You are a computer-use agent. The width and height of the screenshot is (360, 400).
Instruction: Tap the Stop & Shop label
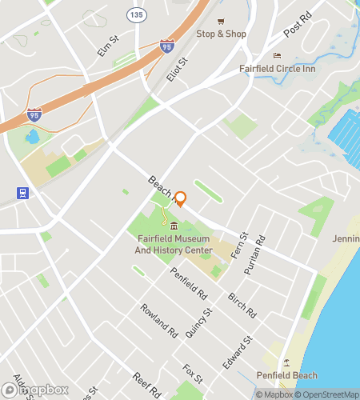[222, 34]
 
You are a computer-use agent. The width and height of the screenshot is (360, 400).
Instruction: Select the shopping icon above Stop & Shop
[222, 22]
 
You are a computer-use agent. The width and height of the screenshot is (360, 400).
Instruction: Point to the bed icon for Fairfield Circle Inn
[277, 56]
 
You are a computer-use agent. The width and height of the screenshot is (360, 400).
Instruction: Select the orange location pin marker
[180, 198]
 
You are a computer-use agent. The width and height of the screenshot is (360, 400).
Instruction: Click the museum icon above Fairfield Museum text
[174, 226]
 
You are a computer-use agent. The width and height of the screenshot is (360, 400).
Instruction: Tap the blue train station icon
[22, 193]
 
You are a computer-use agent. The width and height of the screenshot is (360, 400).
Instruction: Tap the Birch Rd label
[242, 301]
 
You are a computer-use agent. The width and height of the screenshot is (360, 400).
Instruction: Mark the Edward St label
[238, 351]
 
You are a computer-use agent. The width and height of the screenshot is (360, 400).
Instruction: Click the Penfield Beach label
[286, 376]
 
